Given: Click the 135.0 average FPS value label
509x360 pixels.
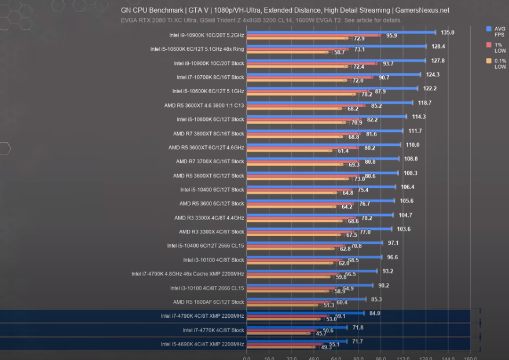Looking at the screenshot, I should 448,32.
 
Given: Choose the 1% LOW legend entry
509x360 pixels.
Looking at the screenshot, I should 497,48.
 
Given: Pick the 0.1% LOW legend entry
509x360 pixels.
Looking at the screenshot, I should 497,64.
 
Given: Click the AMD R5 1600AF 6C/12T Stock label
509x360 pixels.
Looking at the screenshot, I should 208,302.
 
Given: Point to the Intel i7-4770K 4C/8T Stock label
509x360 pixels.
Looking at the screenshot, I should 213,330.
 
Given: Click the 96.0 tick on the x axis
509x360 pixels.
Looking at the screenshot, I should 381,357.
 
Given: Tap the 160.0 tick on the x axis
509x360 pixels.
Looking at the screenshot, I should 470,357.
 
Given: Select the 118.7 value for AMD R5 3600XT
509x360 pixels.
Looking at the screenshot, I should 424,102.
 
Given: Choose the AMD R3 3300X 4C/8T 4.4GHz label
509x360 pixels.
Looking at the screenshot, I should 209,218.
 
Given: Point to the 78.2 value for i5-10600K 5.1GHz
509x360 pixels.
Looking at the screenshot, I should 367,94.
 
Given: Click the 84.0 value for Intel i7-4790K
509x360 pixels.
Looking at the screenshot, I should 375,313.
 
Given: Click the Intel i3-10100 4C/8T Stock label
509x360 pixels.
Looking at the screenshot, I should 214,260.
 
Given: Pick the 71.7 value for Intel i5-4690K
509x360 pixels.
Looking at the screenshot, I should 358,341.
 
